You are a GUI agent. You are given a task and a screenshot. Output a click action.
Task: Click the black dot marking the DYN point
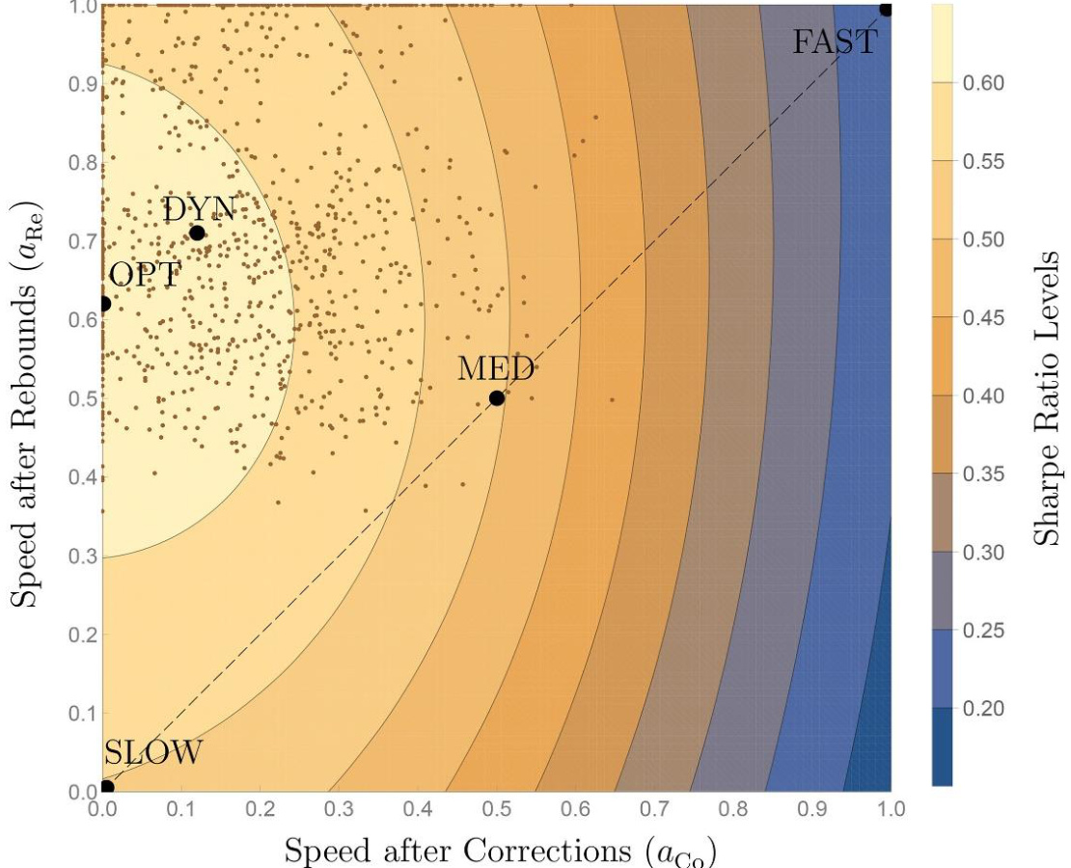[197, 232]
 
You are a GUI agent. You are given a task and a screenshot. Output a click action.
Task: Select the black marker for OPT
[104, 304]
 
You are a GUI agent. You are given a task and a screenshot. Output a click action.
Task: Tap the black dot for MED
[497, 398]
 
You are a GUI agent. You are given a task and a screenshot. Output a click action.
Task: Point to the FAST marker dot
[886, 10]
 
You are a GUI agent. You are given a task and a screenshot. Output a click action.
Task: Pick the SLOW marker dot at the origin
[106, 787]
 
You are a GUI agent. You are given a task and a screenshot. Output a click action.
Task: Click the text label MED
[496, 367]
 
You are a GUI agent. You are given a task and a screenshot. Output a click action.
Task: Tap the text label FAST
[835, 42]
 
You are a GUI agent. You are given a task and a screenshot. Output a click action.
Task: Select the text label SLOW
[153, 752]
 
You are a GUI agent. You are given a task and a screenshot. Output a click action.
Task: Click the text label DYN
[199, 208]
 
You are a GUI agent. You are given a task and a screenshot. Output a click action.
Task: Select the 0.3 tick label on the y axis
[81, 556]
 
